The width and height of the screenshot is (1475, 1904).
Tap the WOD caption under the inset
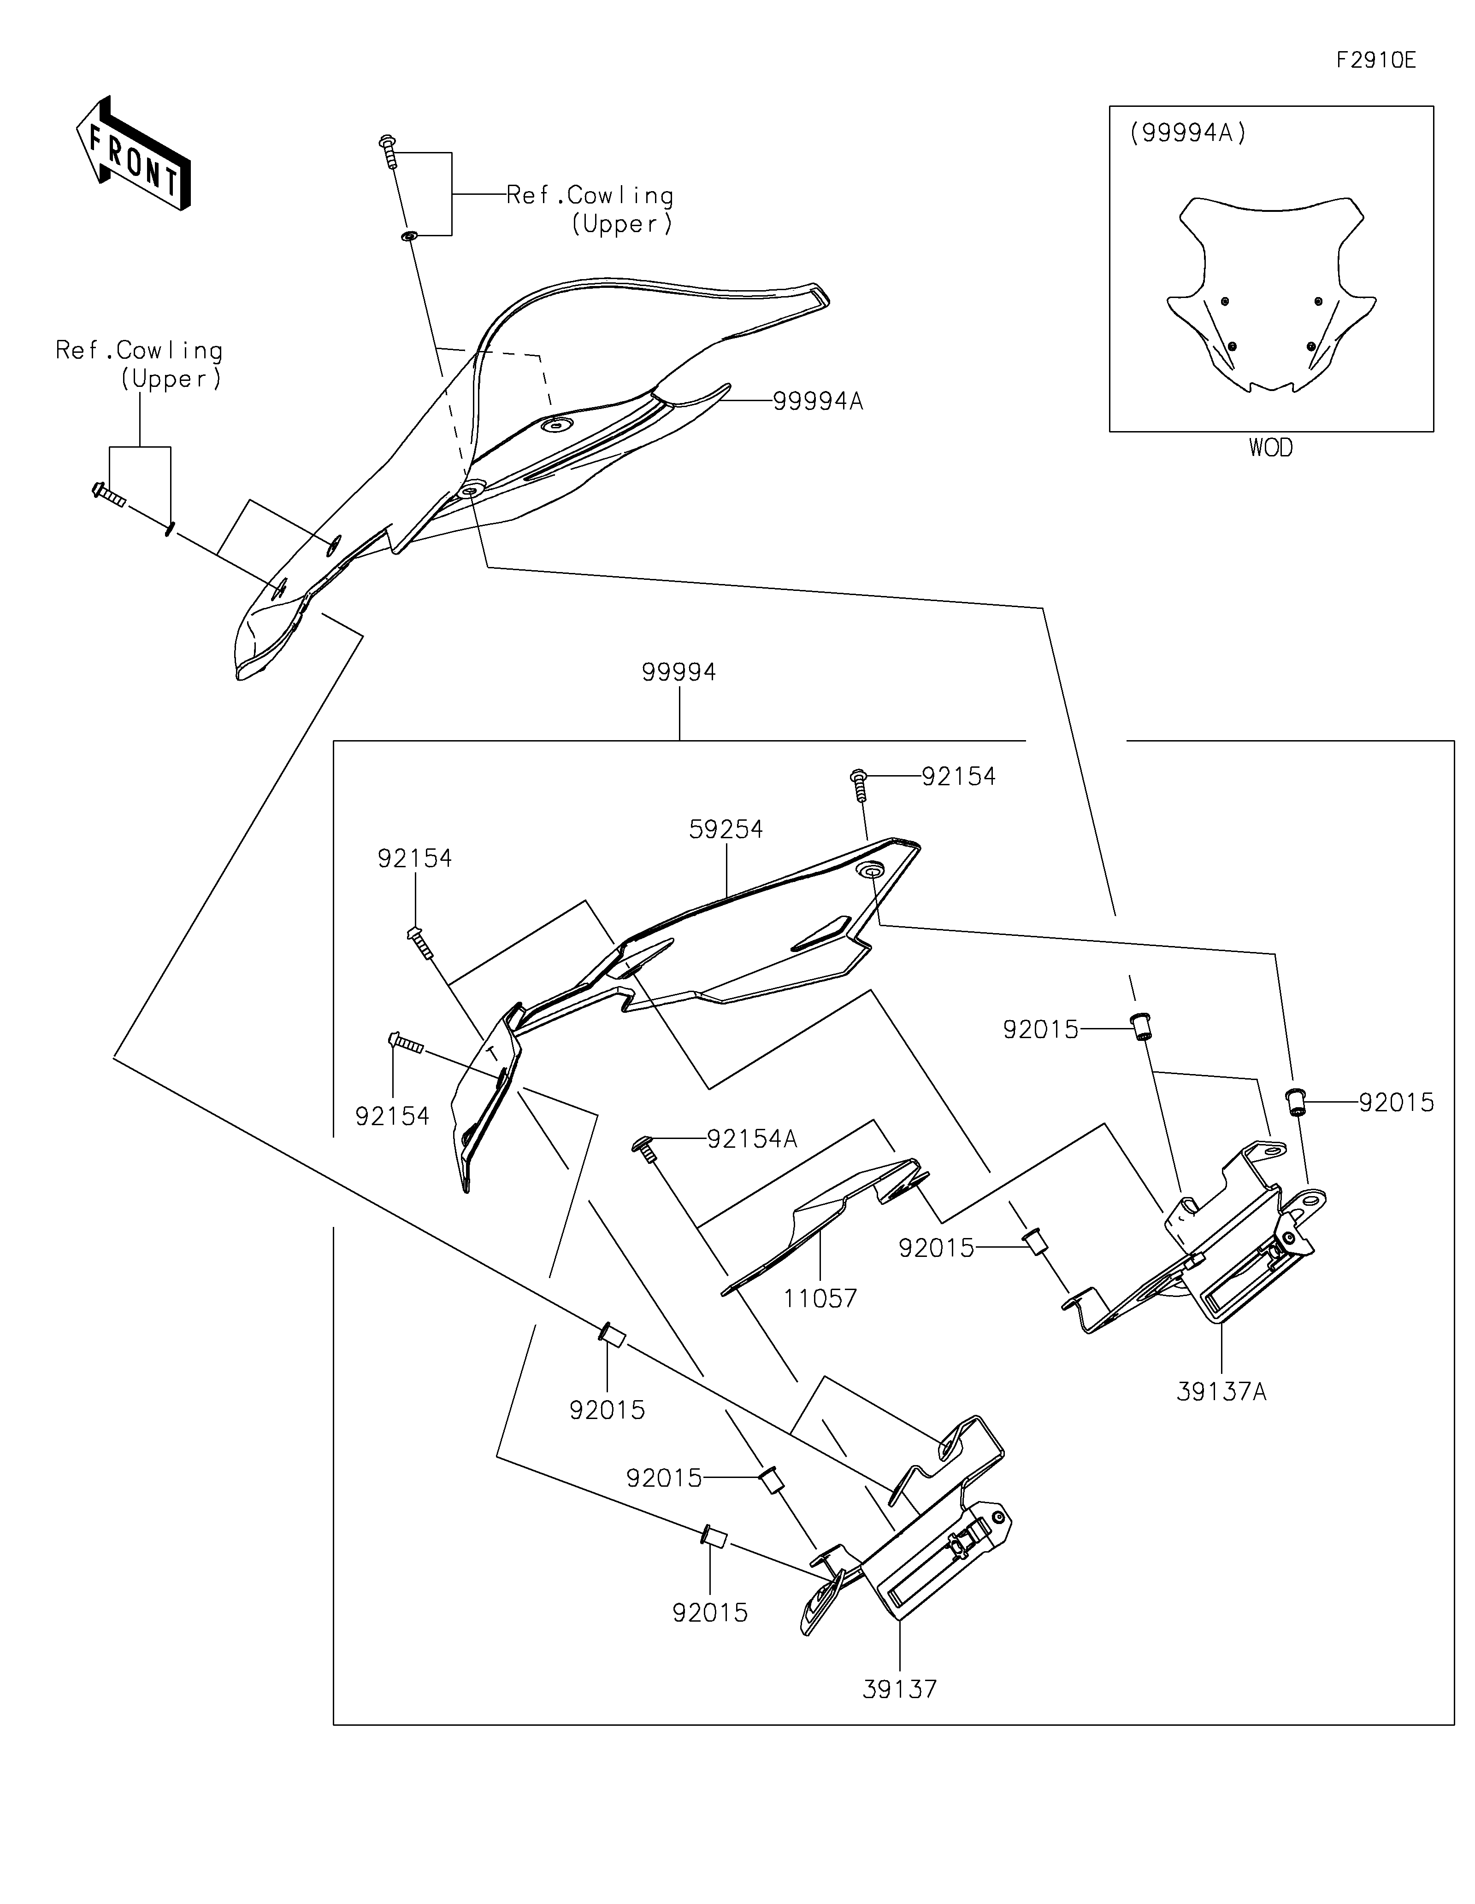(1271, 448)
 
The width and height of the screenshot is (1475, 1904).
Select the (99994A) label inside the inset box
(1188, 134)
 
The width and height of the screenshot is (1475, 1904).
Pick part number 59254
(726, 829)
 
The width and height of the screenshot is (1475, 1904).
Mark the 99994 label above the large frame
(678, 672)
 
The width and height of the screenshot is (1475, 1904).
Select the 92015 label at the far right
(1397, 1103)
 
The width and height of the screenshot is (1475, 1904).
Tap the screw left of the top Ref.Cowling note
(388, 152)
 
